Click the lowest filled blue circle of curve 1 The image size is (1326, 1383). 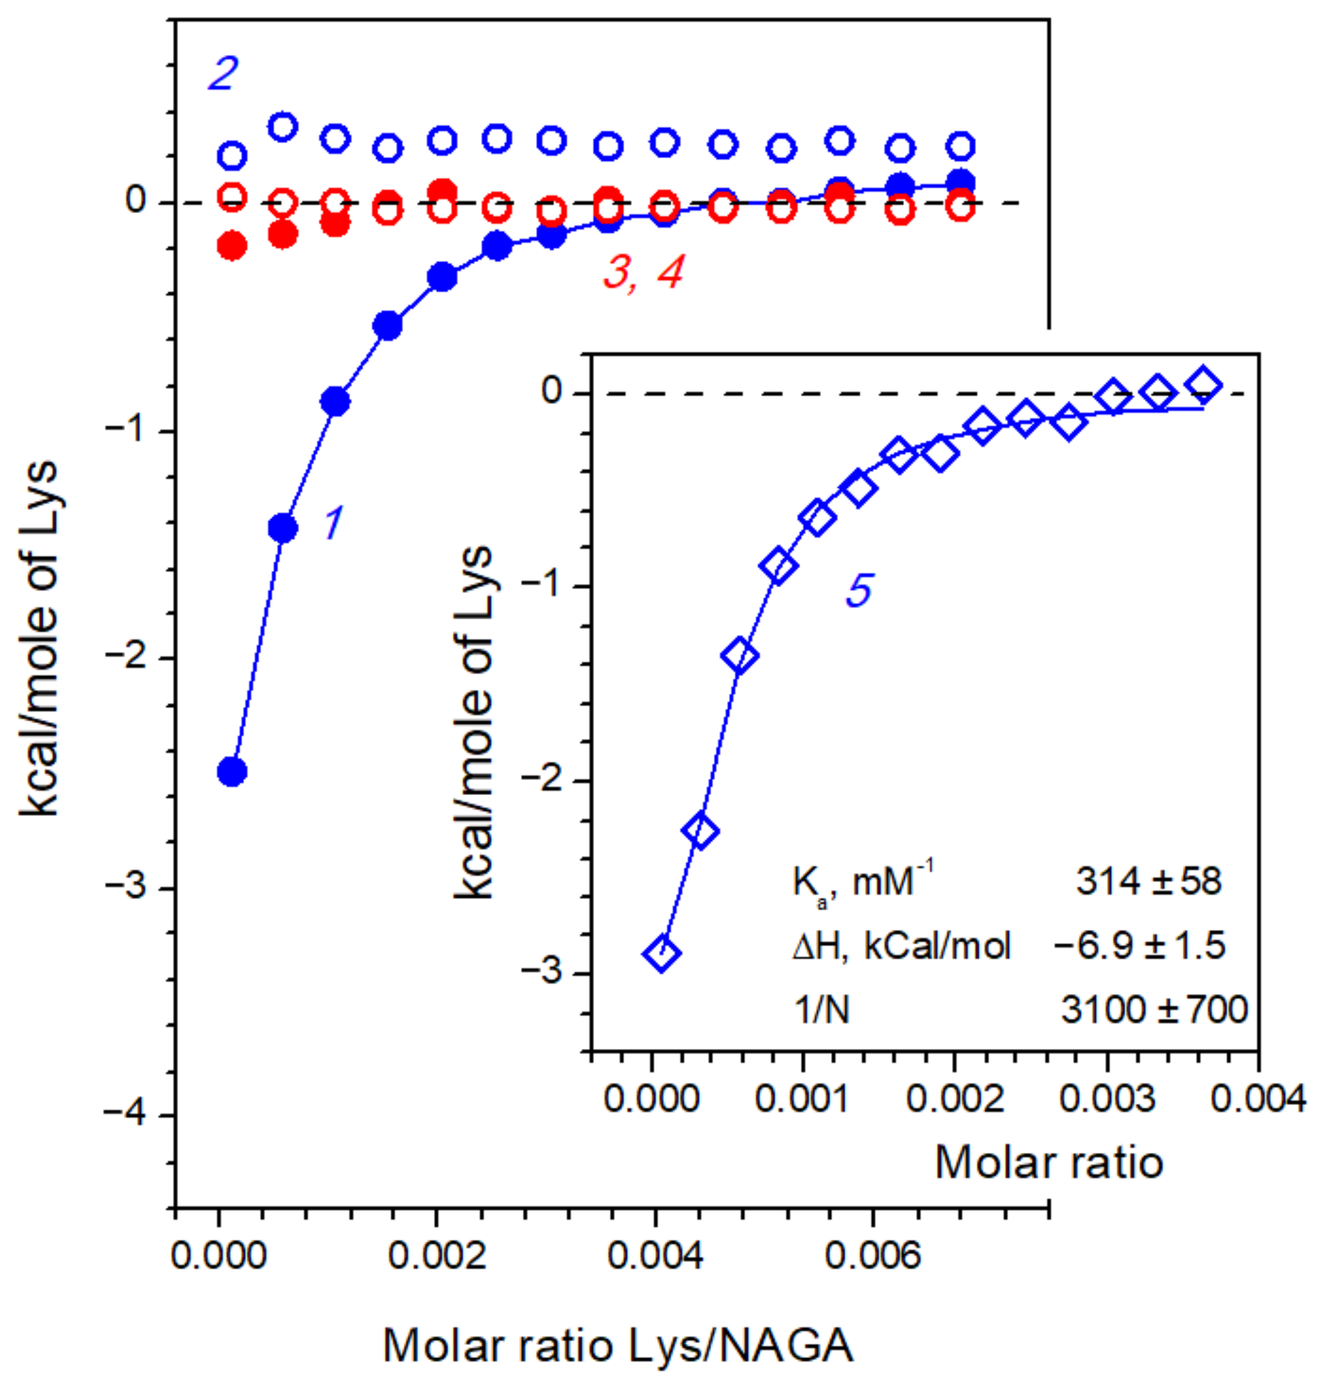pyautogui.click(x=232, y=771)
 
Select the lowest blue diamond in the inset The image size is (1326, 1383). pyautogui.click(x=661, y=953)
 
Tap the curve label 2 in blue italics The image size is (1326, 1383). pyautogui.click(x=223, y=73)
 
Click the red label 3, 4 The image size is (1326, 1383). pyautogui.click(x=643, y=272)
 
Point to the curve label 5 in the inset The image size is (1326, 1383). pyautogui.click(x=859, y=589)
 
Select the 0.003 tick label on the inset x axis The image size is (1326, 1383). pyautogui.click(x=1107, y=1098)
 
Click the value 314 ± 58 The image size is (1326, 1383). pyautogui.click(x=1148, y=882)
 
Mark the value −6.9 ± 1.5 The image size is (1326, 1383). pyautogui.click(x=1139, y=945)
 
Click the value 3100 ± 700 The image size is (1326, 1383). pyautogui.click(x=1154, y=1009)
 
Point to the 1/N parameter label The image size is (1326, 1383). pyautogui.click(x=821, y=1010)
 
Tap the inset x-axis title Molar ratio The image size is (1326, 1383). pyautogui.click(x=1049, y=1162)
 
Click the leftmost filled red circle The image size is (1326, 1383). pyautogui.click(x=232, y=247)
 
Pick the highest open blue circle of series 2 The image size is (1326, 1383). pyautogui.click(x=282, y=127)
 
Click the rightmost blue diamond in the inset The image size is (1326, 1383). pyautogui.click(x=1204, y=384)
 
